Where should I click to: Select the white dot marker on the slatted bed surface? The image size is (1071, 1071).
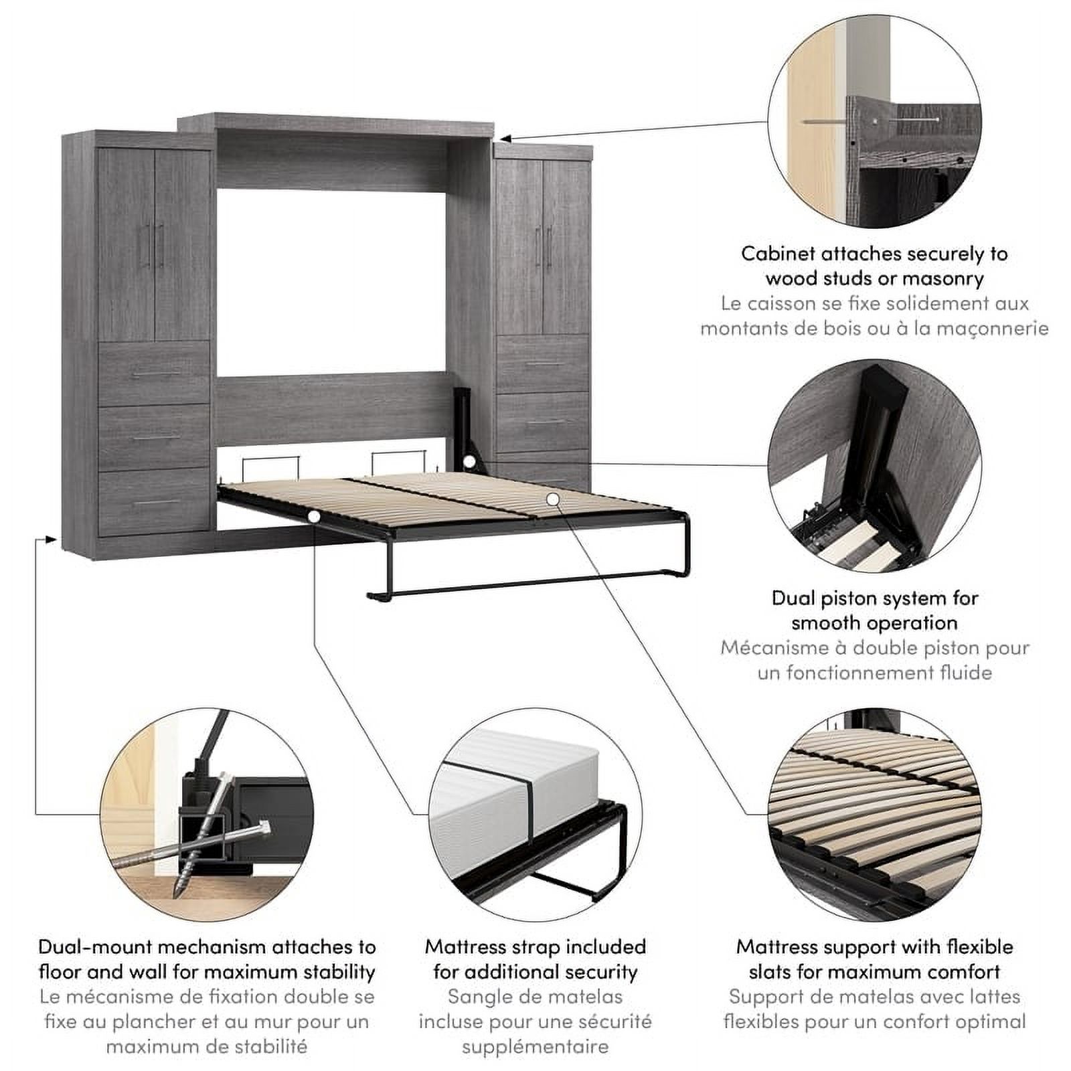coord(552,499)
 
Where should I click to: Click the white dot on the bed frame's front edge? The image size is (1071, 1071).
coord(313,517)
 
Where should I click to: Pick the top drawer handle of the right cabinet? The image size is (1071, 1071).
coord(544,365)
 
